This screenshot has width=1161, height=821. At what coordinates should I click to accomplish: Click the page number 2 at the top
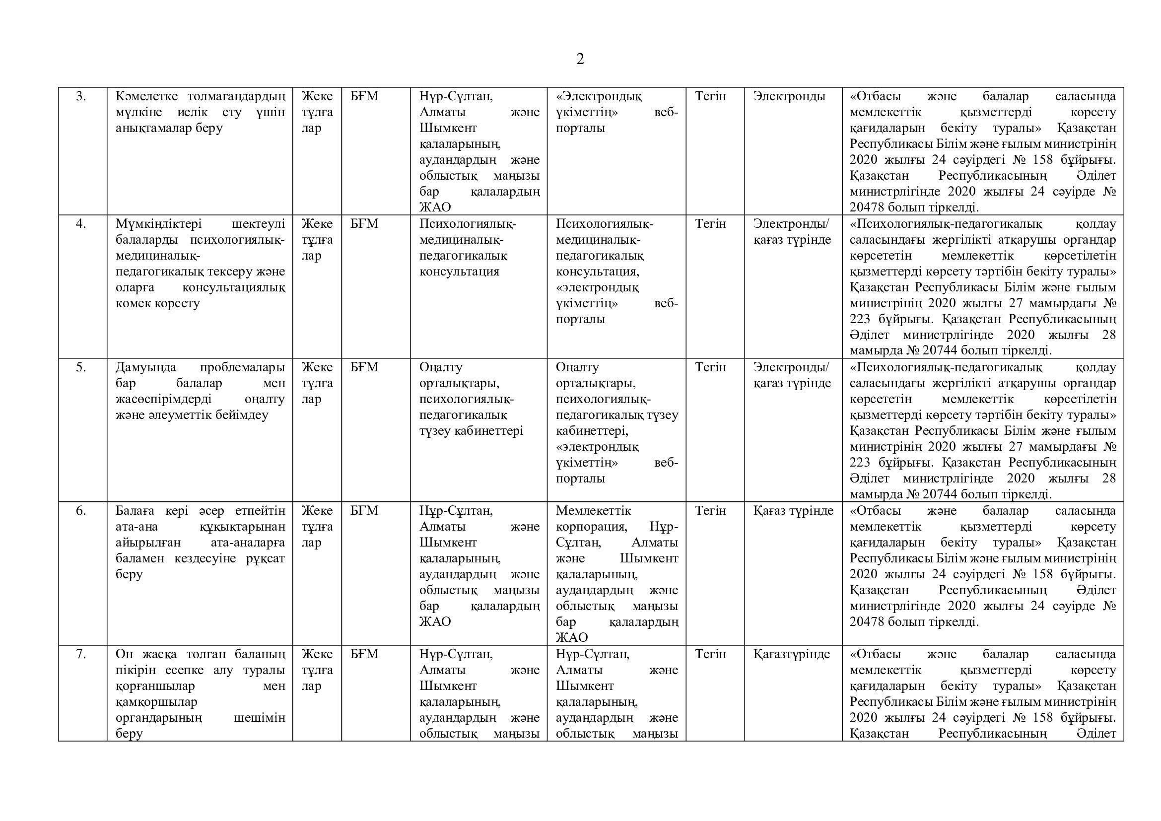coord(580,60)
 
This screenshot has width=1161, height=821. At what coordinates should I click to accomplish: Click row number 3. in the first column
coord(81,96)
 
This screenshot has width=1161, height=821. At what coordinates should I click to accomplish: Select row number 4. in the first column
coord(81,223)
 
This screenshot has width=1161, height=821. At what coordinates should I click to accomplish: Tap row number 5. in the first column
coord(81,367)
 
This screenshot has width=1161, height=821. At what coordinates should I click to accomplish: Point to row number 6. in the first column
coord(81,511)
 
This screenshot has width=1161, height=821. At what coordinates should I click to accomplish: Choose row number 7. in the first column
coord(81,654)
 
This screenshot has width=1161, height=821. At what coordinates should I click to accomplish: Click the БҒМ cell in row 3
coord(364,96)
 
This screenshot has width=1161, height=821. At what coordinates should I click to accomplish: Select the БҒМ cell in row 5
coord(364,367)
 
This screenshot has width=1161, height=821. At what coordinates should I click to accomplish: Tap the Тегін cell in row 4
coord(710,223)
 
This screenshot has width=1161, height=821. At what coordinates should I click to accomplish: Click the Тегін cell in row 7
coord(710,654)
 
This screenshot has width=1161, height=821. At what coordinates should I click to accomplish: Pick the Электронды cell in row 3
coord(789,96)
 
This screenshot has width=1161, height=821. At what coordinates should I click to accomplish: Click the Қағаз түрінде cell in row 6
coord(793,511)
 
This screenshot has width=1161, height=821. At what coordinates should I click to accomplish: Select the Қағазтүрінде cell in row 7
coord(792,654)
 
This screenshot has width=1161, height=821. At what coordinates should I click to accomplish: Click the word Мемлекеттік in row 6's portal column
coord(594,511)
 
